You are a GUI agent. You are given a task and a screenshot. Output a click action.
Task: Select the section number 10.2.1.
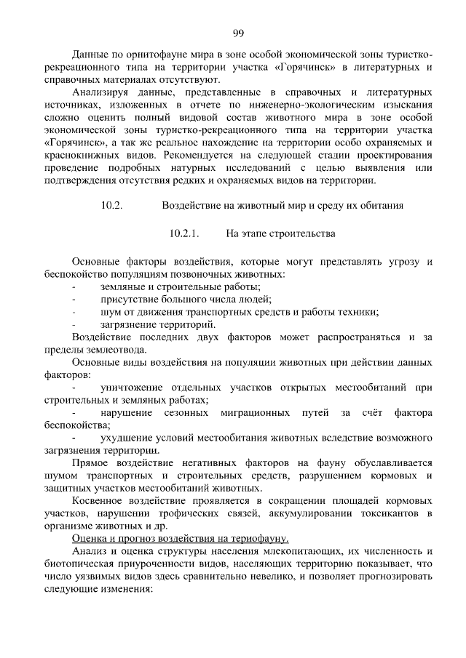tap(184, 235)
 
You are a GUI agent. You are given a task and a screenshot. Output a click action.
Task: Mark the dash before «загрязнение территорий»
tap(74, 324)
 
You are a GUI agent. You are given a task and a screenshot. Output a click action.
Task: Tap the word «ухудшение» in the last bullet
tap(125, 438)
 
